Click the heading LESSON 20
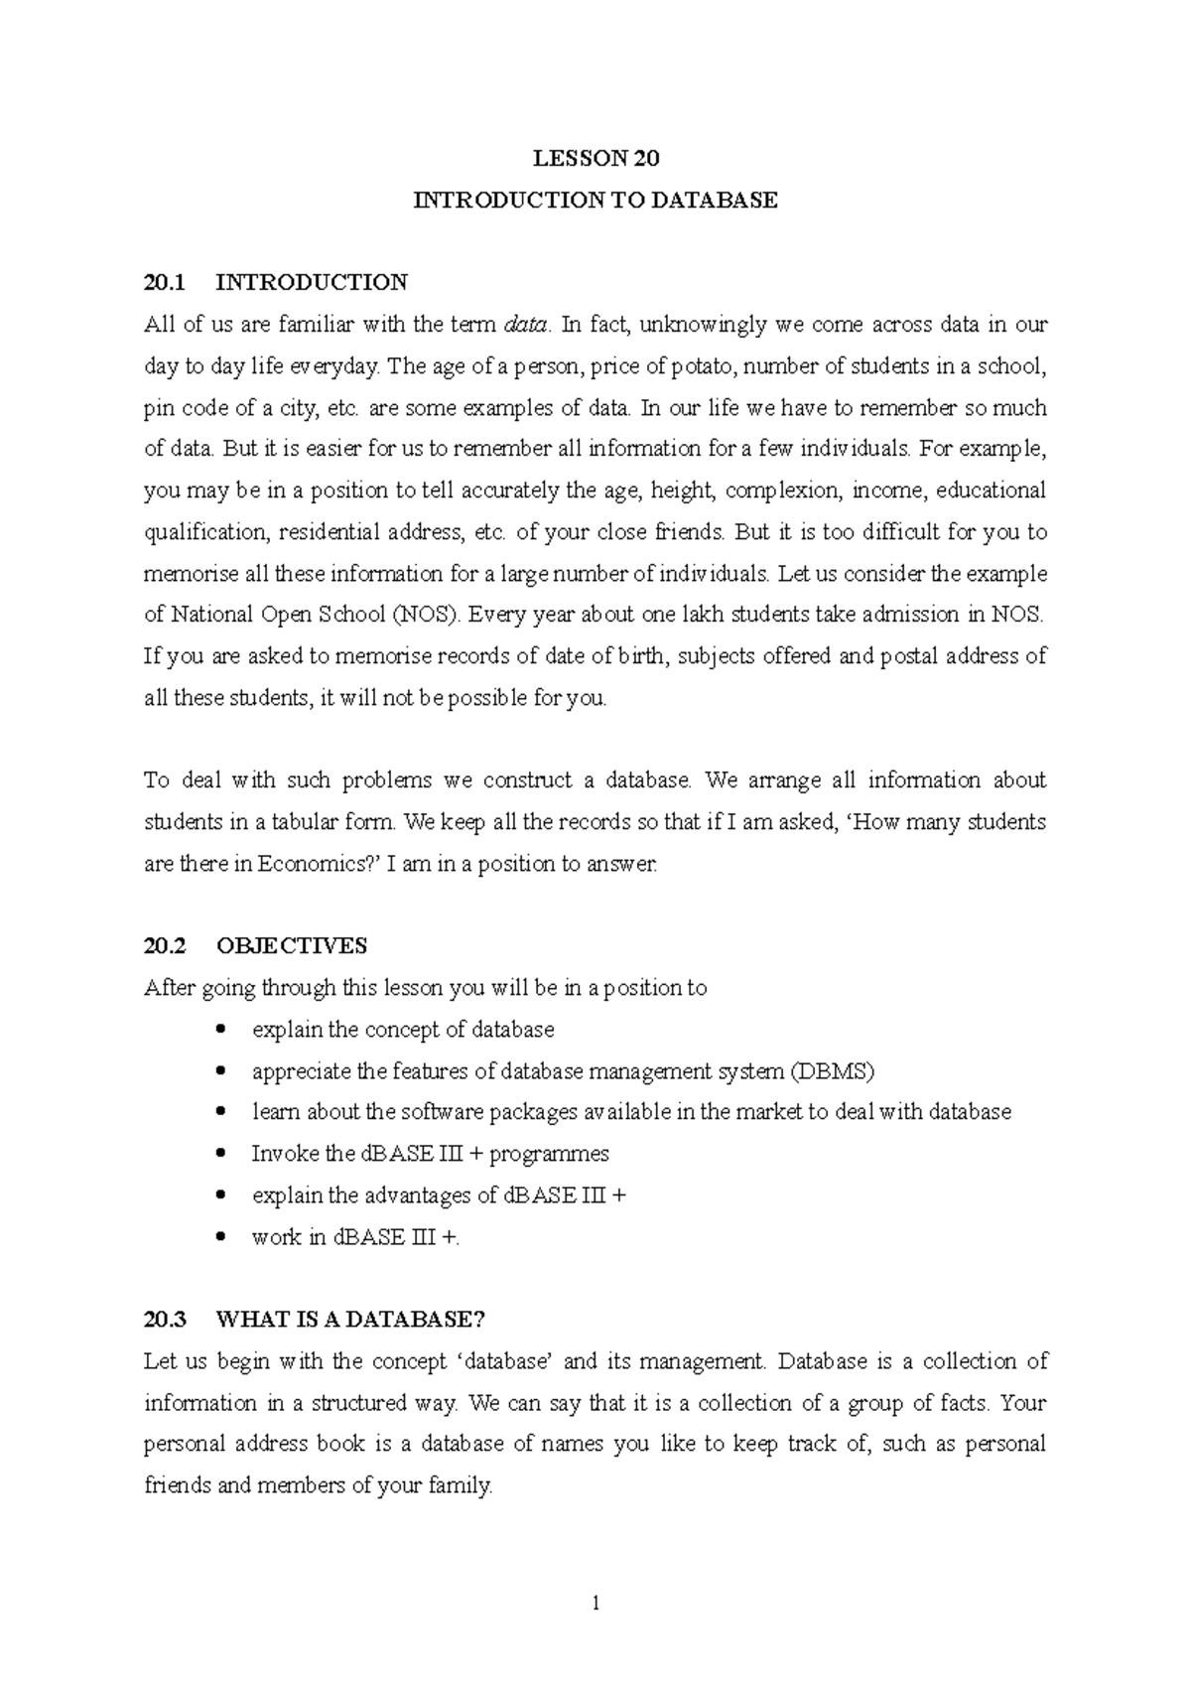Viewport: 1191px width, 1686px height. pyautogui.click(x=595, y=158)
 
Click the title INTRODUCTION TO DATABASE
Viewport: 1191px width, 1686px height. pyautogui.click(x=595, y=200)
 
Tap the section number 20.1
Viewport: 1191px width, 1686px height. pyautogui.click(x=165, y=283)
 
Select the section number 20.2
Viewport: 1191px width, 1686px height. pyautogui.click(x=165, y=946)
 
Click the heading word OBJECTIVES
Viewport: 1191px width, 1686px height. pyautogui.click(x=292, y=946)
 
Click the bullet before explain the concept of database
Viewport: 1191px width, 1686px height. pyautogui.click(x=220, y=1030)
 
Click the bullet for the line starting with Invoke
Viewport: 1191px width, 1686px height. pyautogui.click(x=220, y=1154)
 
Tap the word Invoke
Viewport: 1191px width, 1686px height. pyautogui.click(x=281, y=1154)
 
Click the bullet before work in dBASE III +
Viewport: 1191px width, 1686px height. pyautogui.click(x=220, y=1237)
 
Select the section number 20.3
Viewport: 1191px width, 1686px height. pyautogui.click(x=165, y=1320)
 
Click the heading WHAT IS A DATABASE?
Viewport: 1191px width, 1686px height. pyautogui.click(x=350, y=1320)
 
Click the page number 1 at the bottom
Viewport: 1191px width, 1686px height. pyautogui.click(x=595, y=1602)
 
